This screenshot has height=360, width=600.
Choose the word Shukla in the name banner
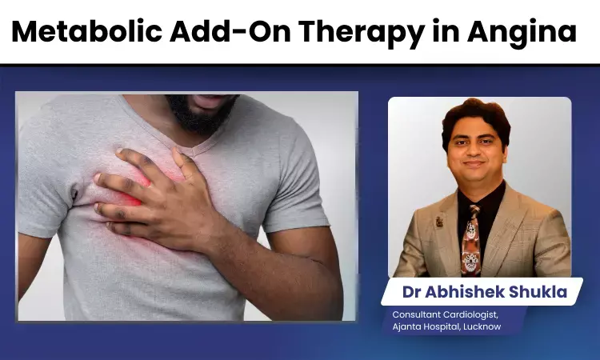click(x=540, y=292)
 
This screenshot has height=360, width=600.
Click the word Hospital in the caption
click(x=442, y=327)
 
